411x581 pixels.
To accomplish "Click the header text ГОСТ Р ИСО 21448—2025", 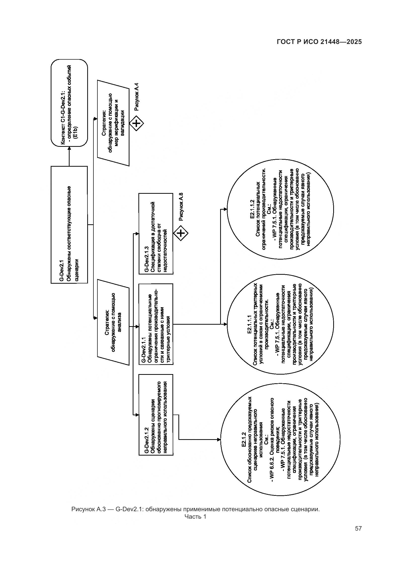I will click(319, 42).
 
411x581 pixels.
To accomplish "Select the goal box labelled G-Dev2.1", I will click(69, 225).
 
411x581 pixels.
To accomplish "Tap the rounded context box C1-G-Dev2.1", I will click(69, 103).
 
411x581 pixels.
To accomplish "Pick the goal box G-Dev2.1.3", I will click(156, 233).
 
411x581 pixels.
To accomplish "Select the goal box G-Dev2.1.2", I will click(156, 415).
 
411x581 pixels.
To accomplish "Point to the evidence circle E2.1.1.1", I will click(280, 324).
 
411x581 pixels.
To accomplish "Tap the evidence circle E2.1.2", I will click(280, 440).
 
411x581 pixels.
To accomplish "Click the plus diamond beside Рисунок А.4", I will click(136, 123).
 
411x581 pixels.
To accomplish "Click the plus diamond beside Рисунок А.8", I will click(181, 233).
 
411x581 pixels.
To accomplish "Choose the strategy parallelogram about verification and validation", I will click(113, 123).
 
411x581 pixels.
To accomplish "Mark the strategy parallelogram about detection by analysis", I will click(113, 322).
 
